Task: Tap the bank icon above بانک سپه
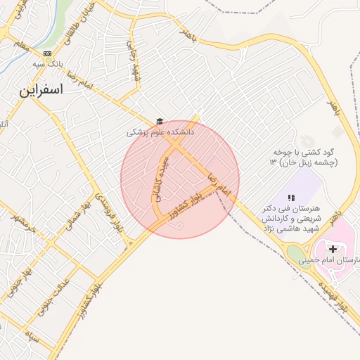47,53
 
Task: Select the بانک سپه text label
47,63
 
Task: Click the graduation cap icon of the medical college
160,122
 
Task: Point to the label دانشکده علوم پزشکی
160,132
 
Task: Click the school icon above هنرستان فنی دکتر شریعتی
292,198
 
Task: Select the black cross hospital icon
333,250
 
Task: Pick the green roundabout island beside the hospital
297,252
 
